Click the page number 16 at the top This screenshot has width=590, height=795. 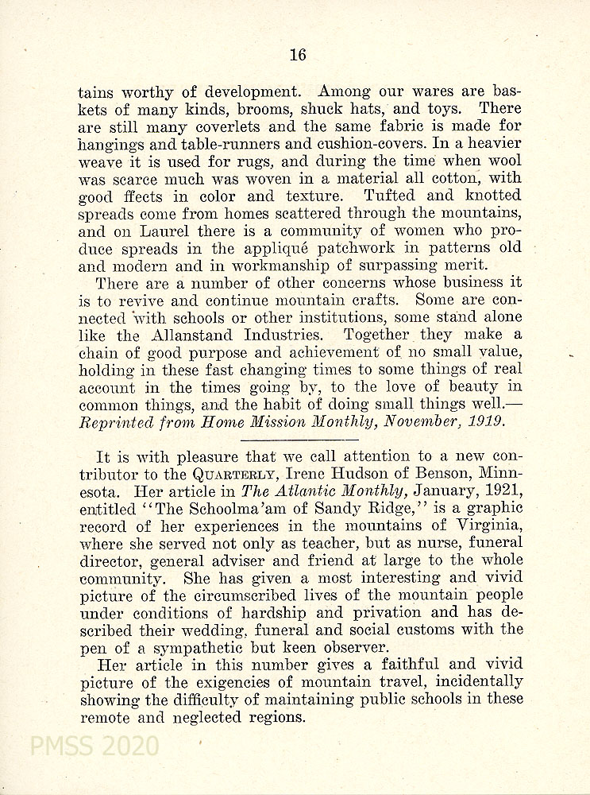(x=297, y=55)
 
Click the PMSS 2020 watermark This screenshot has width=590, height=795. (x=94, y=747)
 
